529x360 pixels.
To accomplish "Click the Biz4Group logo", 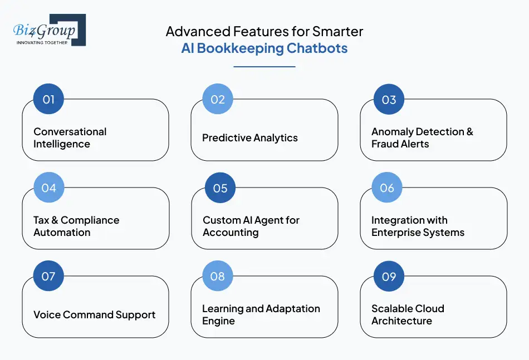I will tap(49, 30).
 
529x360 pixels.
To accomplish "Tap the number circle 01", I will tap(48, 100).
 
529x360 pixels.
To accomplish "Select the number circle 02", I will tap(218, 100).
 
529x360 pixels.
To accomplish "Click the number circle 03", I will tap(389, 100).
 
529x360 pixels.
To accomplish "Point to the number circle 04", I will tap(48, 188).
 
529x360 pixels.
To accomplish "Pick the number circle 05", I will tap(220, 188).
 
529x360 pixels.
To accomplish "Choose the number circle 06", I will tap(387, 188).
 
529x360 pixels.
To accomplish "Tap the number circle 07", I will tap(48, 276).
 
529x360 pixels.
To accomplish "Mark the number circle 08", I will tap(218, 276).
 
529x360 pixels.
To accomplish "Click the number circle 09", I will tap(389, 276).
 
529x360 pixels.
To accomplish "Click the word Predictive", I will tap(225, 138).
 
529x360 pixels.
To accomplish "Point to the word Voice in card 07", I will tap(47, 315).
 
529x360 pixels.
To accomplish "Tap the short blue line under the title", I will tap(264, 67).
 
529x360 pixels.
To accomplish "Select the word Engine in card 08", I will tap(218, 321).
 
